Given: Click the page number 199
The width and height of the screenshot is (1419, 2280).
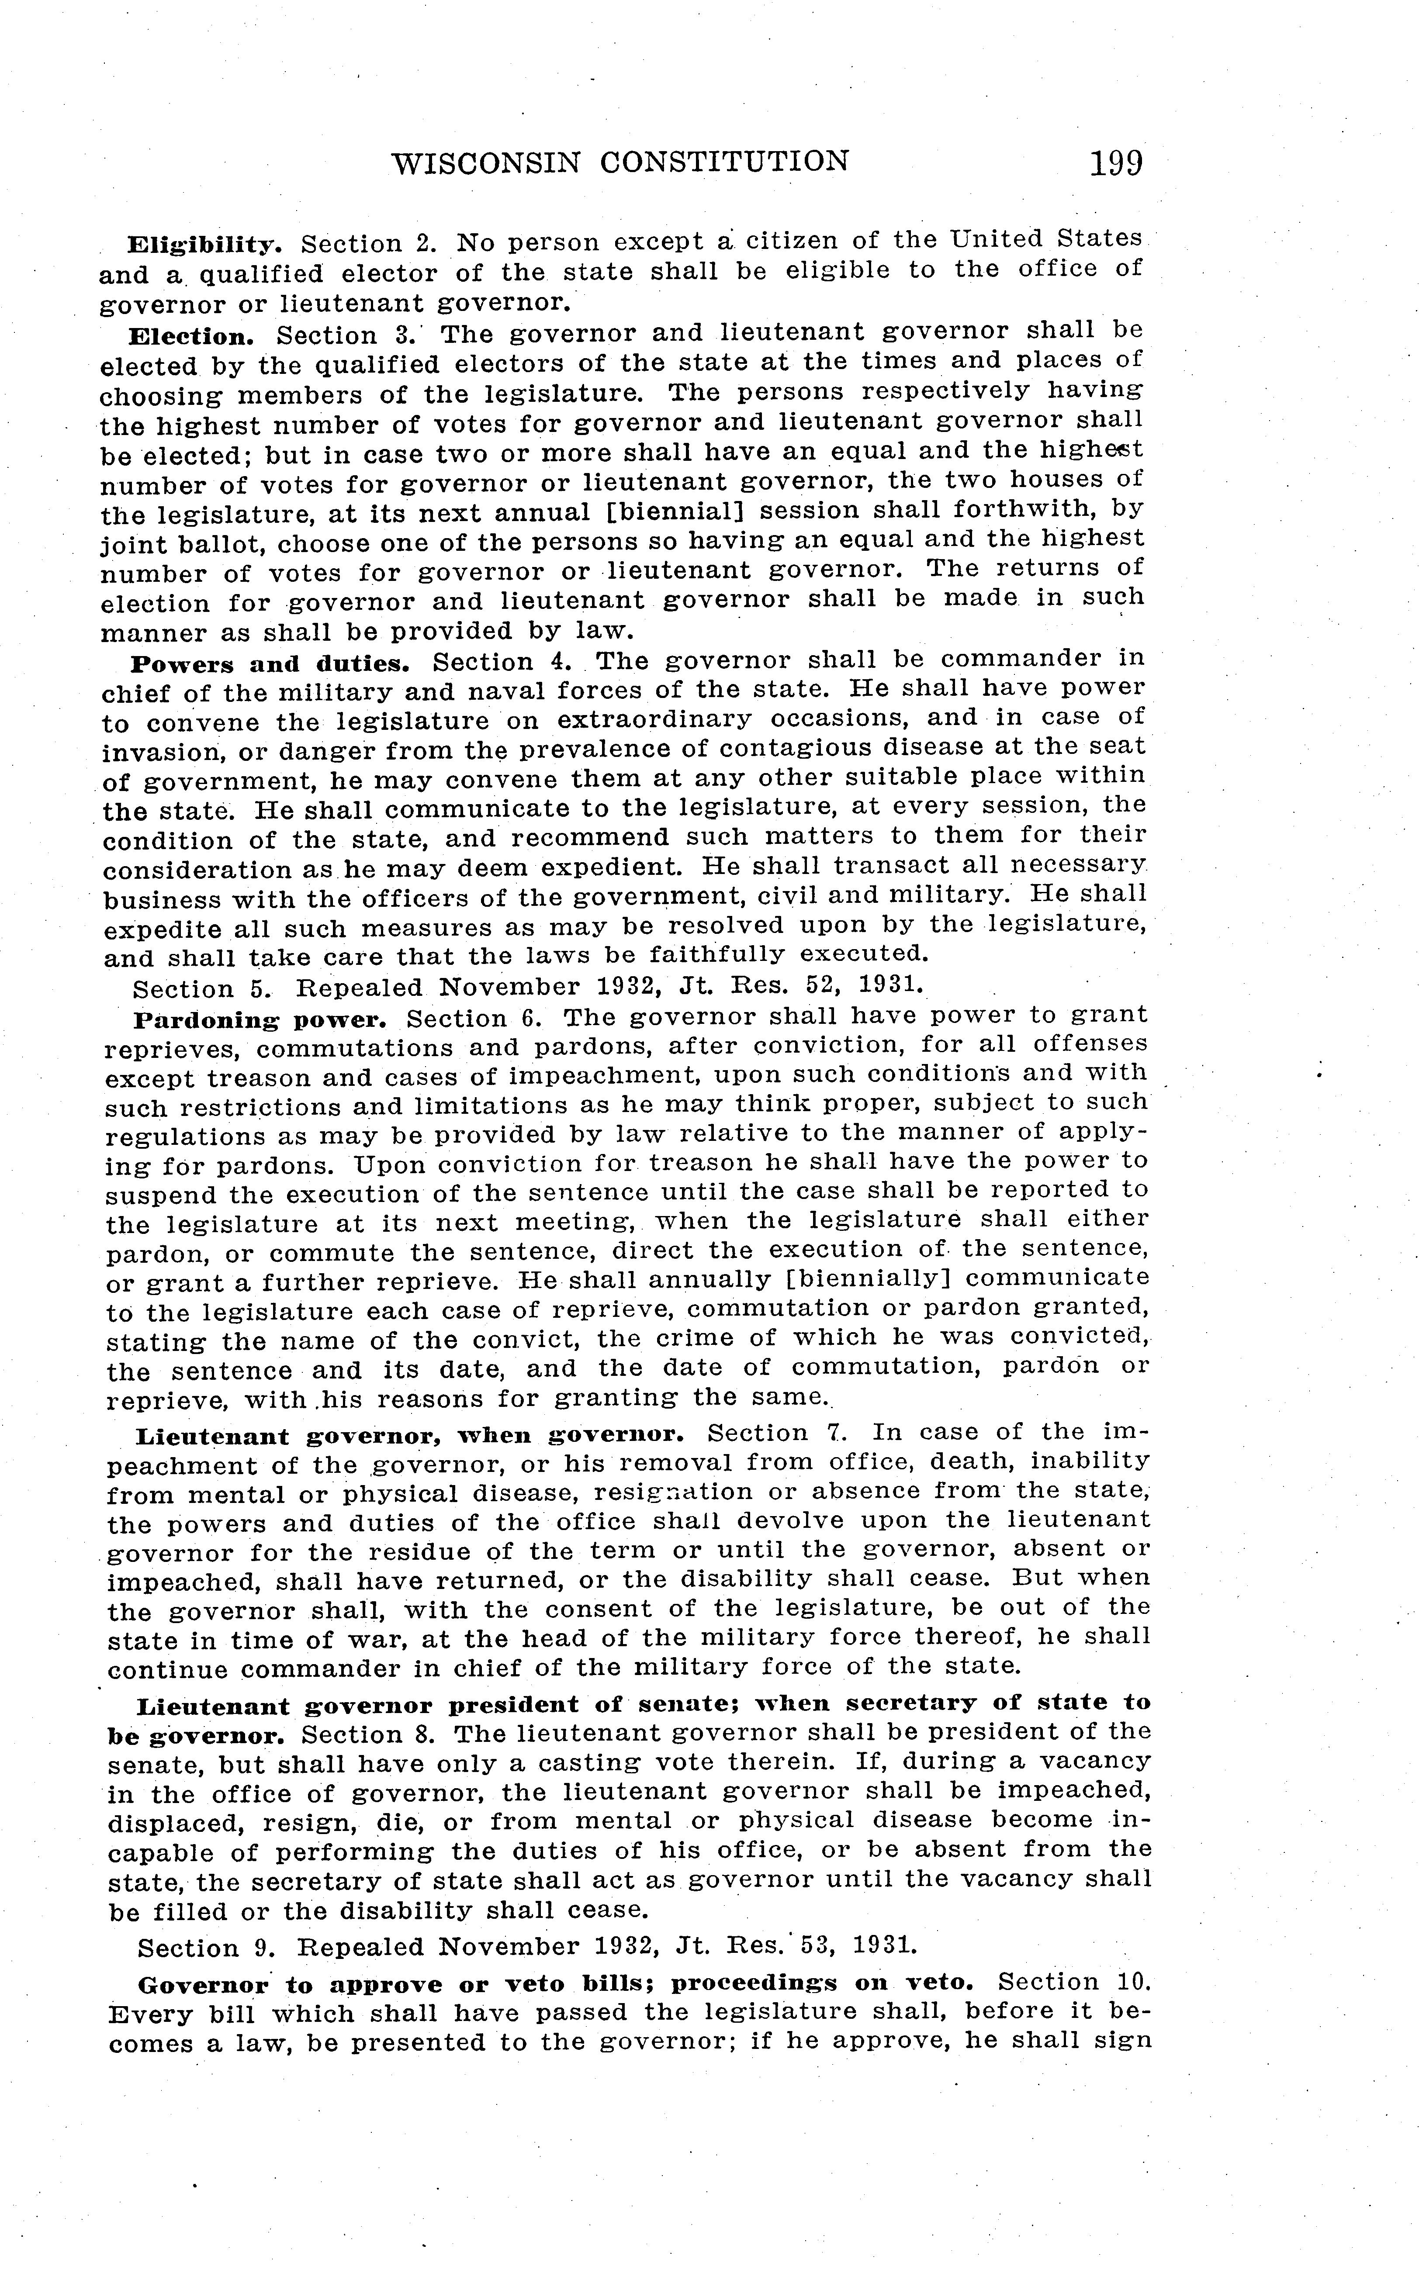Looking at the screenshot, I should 1116,164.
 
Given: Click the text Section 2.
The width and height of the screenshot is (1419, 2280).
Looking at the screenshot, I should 369,244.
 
